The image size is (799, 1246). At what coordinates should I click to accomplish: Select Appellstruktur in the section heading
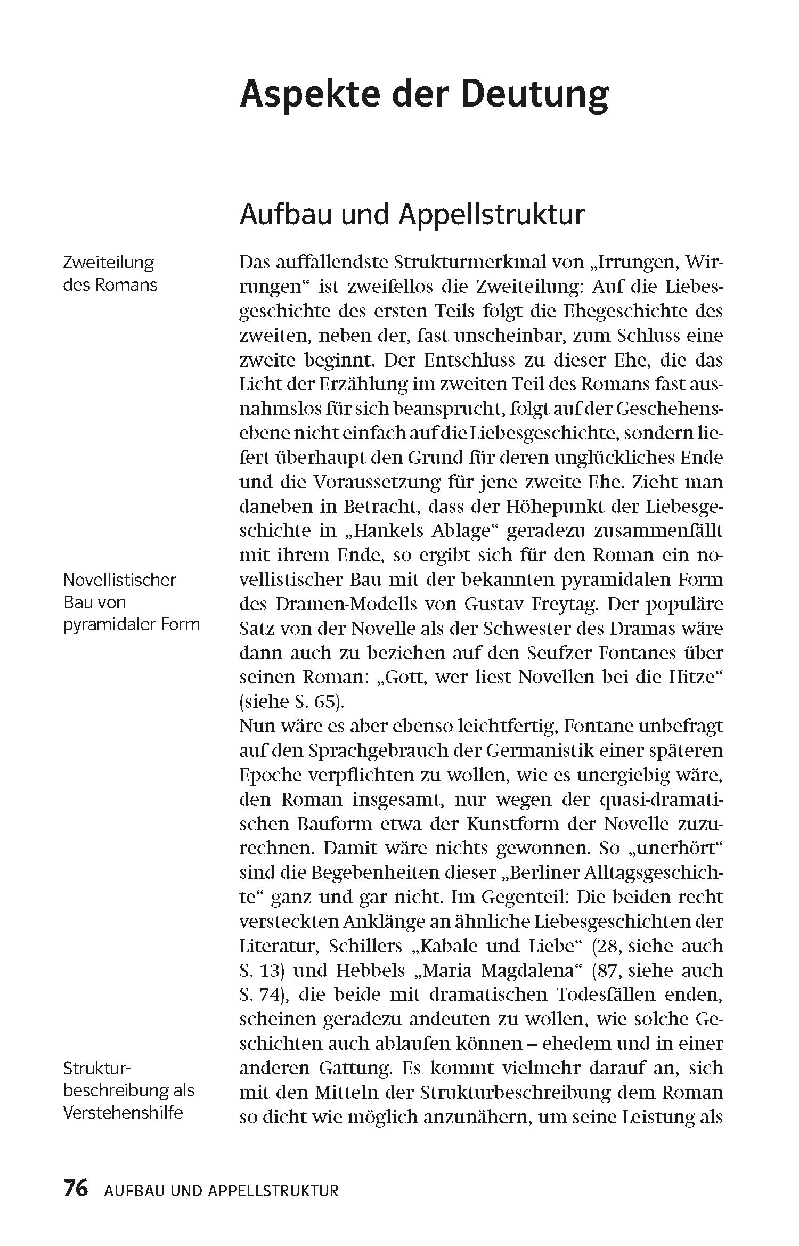(492, 215)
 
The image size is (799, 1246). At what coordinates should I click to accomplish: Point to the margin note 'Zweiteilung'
(108, 263)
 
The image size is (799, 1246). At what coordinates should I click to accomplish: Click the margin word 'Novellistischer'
(119, 580)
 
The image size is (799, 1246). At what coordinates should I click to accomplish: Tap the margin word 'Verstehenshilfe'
(123, 1113)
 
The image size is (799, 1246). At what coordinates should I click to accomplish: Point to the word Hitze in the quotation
(692, 677)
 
